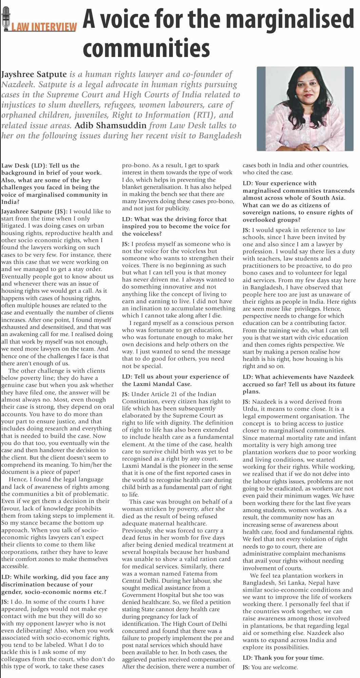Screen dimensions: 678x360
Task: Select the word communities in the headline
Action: [146, 48]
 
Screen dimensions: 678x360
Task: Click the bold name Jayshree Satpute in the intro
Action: [34, 74]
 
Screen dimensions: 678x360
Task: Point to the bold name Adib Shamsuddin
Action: [111, 125]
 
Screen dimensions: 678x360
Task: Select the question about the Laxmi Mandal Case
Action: [175, 380]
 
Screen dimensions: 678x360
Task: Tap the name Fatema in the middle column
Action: [192, 574]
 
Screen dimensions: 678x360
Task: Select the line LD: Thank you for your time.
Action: [283, 658]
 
